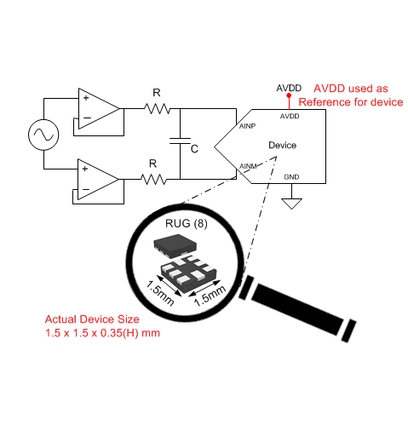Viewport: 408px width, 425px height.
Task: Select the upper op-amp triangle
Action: click(x=98, y=108)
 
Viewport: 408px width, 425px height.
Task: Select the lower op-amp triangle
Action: click(x=98, y=179)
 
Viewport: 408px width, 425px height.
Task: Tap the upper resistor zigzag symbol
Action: click(x=158, y=108)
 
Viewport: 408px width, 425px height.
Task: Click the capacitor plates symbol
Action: click(x=180, y=143)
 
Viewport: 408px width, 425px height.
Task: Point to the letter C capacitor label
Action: click(x=194, y=148)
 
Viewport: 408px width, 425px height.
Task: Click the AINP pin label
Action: click(x=249, y=127)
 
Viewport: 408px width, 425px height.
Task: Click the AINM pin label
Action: click(x=249, y=165)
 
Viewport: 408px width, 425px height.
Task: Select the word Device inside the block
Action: click(x=282, y=146)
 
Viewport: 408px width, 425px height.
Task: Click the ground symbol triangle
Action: click(x=291, y=204)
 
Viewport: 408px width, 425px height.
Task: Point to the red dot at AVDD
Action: click(x=290, y=97)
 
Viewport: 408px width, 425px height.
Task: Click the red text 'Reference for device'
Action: click(x=350, y=102)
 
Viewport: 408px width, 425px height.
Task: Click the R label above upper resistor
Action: click(x=155, y=92)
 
